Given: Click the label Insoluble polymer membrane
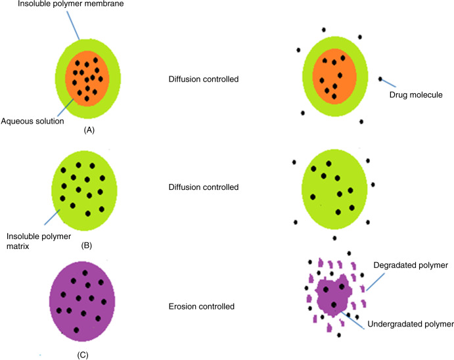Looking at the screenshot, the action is pos(71,4).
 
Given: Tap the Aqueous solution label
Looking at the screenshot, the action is pos(32,121).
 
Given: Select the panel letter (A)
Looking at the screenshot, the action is pos(89,130).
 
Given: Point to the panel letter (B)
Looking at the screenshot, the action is pos(87,246).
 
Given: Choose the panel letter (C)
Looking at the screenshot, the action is pos(83,355).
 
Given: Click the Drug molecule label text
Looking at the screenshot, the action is pos(416,95).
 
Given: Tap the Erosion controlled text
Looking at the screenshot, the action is pos(202,307).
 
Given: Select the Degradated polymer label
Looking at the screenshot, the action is pos(411,265).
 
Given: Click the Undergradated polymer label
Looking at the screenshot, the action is pos(411,324).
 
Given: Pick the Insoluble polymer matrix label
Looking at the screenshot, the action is pos(39,241).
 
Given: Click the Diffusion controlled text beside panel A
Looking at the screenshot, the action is pos(204,79).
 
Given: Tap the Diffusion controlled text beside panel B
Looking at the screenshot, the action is pos(204,187).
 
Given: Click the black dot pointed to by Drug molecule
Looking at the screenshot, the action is pos(380,79).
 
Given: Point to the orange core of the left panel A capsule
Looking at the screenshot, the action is pos(87,78).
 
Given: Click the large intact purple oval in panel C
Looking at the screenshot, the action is pos(82,302).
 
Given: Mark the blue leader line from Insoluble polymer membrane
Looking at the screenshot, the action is pos(73,26).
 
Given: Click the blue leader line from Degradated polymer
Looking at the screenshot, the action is pos(375,282).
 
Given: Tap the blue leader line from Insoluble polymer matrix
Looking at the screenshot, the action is pos(52,217).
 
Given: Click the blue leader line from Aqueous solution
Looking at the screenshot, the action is pos(66,108).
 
